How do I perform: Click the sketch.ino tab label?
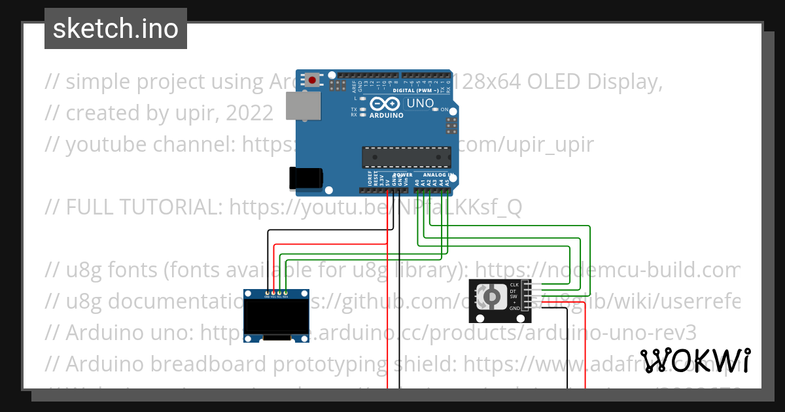(115, 29)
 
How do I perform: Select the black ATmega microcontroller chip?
(406, 157)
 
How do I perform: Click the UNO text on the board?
(420, 103)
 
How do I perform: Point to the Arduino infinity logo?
(384, 103)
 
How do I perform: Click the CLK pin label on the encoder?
(514, 285)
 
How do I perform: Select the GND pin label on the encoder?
(514, 308)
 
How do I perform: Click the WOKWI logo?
(695, 360)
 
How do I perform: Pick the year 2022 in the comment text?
(249, 113)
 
